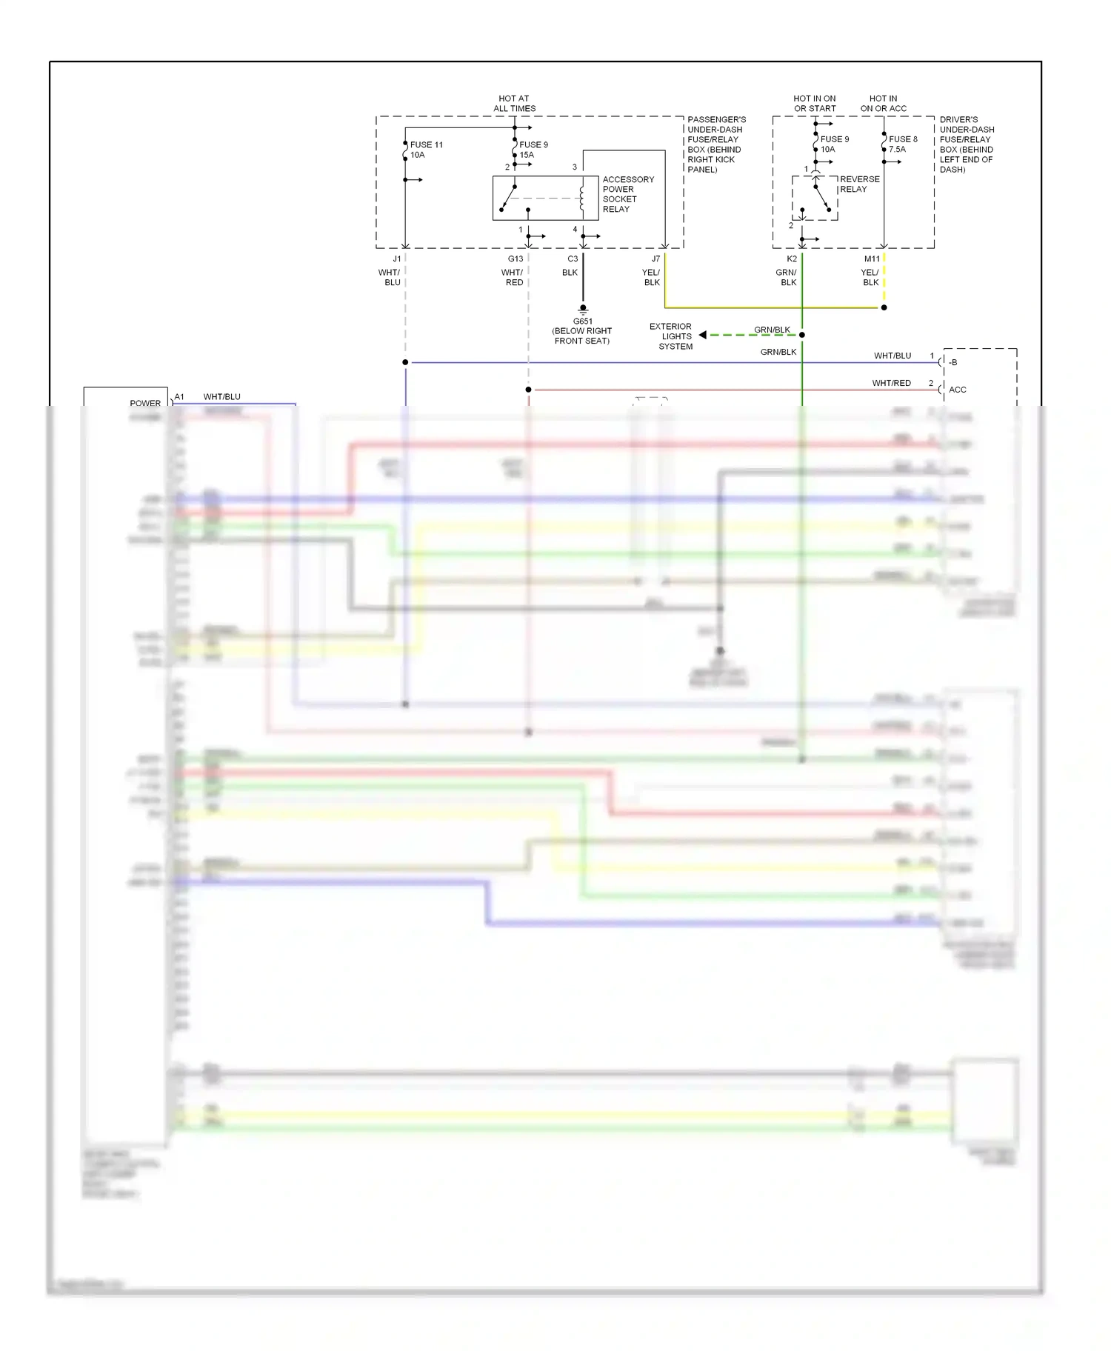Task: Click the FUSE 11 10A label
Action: (x=426, y=150)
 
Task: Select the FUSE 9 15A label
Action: (x=533, y=150)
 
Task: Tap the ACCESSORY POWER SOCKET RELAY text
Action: (x=627, y=194)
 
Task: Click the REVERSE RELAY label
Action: (x=859, y=184)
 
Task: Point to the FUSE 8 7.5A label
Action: (x=902, y=144)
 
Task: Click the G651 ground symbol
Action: (x=583, y=309)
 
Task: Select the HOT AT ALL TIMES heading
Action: (x=514, y=103)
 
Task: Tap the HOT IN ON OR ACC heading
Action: (x=883, y=103)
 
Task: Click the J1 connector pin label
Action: (x=397, y=259)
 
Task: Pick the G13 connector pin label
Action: (x=515, y=259)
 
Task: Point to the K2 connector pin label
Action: (x=791, y=259)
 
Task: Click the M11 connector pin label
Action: (x=872, y=259)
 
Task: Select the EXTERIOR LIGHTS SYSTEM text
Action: (x=671, y=336)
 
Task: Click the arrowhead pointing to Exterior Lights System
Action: (x=702, y=335)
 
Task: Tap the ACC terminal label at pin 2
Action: (x=957, y=390)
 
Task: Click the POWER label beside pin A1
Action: (x=145, y=403)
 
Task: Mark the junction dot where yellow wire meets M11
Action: (x=884, y=307)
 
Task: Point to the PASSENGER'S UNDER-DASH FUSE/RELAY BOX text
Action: (x=715, y=144)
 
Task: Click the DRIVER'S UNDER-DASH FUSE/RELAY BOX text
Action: (x=967, y=144)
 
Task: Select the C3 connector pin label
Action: (x=572, y=259)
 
